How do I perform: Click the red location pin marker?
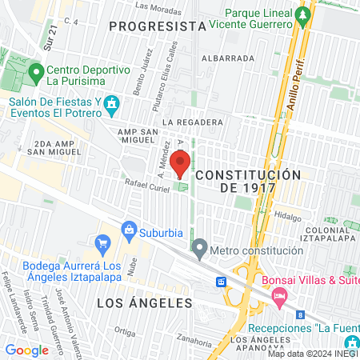click(180, 162)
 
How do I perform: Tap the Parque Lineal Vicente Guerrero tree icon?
click(302, 14)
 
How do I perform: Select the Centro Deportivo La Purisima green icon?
click(35, 74)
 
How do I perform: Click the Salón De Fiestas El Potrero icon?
click(110, 103)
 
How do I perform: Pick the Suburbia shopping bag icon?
click(102, 242)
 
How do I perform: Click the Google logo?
click(26, 350)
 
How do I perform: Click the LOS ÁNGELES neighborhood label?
click(145, 303)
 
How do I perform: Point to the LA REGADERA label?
click(192, 122)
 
